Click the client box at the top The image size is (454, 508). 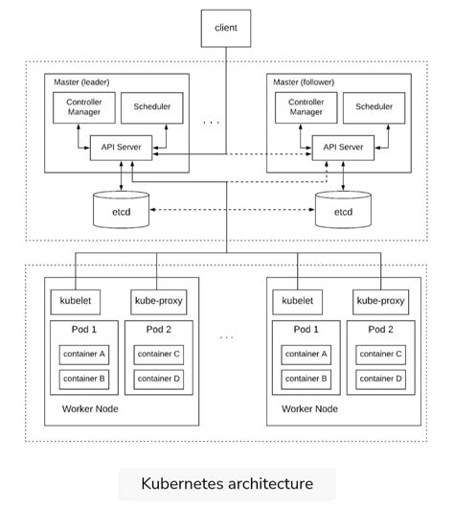pyautogui.click(x=226, y=28)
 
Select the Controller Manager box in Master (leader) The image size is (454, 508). pyautogui.click(x=83, y=106)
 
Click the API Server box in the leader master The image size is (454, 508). pyautogui.click(x=115, y=147)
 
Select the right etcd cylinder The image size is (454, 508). pyautogui.click(x=342, y=210)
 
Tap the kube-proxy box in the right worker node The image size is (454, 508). pyautogui.click(x=380, y=300)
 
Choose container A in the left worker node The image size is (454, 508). pyautogui.click(x=83, y=355)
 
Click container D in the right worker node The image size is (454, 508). pyautogui.click(x=380, y=379)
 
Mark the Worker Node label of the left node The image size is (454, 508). pyautogui.click(x=91, y=409)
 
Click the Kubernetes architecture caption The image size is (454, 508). pyautogui.click(x=226, y=483)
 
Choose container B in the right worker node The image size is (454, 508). pyautogui.click(x=306, y=379)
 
